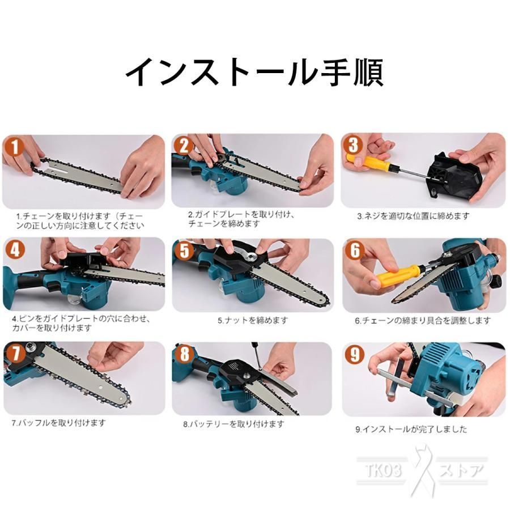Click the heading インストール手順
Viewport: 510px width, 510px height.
click(x=254, y=73)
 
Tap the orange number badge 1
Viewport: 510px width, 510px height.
click(x=14, y=147)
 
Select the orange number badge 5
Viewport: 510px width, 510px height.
click(x=184, y=251)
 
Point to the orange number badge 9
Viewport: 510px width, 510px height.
click(x=355, y=354)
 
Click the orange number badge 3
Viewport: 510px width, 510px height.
click(x=353, y=144)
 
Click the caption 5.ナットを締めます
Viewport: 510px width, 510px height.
click(x=253, y=320)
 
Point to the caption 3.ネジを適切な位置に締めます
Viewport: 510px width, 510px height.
click(x=413, y=216)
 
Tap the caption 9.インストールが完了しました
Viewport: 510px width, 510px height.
click(x=411, y=430)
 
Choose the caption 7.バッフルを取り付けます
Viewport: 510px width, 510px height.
click(x=59, y=423)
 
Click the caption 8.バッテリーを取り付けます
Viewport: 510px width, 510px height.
click(x=233, y=424)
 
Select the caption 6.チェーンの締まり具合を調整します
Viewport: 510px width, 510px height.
click(x=423, y=321)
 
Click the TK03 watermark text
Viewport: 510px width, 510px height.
click(x=383, y=470)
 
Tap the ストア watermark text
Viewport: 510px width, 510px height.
click(x=461, y=470)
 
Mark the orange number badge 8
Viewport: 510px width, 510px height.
click(x=184, y=354)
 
